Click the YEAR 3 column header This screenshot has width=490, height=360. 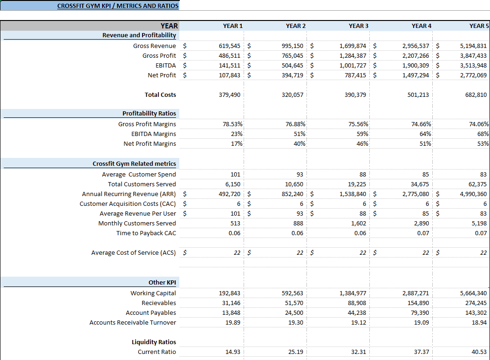(x=359, y=26)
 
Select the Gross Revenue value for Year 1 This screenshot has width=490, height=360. (x=229, y=46)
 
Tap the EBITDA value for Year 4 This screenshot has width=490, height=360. (x=415, y=65)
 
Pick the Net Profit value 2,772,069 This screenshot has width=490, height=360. (x=473, y=75)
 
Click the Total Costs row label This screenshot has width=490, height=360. (x=160, y=95)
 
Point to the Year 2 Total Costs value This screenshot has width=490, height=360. (x=293, y=95)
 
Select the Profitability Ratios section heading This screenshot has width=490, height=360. (x=149, y=114)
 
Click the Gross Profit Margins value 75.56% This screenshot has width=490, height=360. (x=358, y=124)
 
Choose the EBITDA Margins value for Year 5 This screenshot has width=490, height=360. (x=483, y=134)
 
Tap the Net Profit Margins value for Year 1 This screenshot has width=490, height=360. (x=237, y=143)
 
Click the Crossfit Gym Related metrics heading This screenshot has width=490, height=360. (x=134, y=164)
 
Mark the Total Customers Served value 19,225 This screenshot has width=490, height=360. (x=357, y=184)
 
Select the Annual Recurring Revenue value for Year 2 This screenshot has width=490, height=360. (x=293, y=194)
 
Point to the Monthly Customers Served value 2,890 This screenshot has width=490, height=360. (x=422, y=224)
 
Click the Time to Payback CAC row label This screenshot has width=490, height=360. (x=146, y=233)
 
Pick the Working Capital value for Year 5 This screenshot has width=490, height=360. (x=473, y=293)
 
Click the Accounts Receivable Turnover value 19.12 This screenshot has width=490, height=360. (x=359, y=322)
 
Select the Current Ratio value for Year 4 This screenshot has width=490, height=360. (x=422, y=352)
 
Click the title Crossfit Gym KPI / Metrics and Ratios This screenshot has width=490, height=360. (x=118, y=6)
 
